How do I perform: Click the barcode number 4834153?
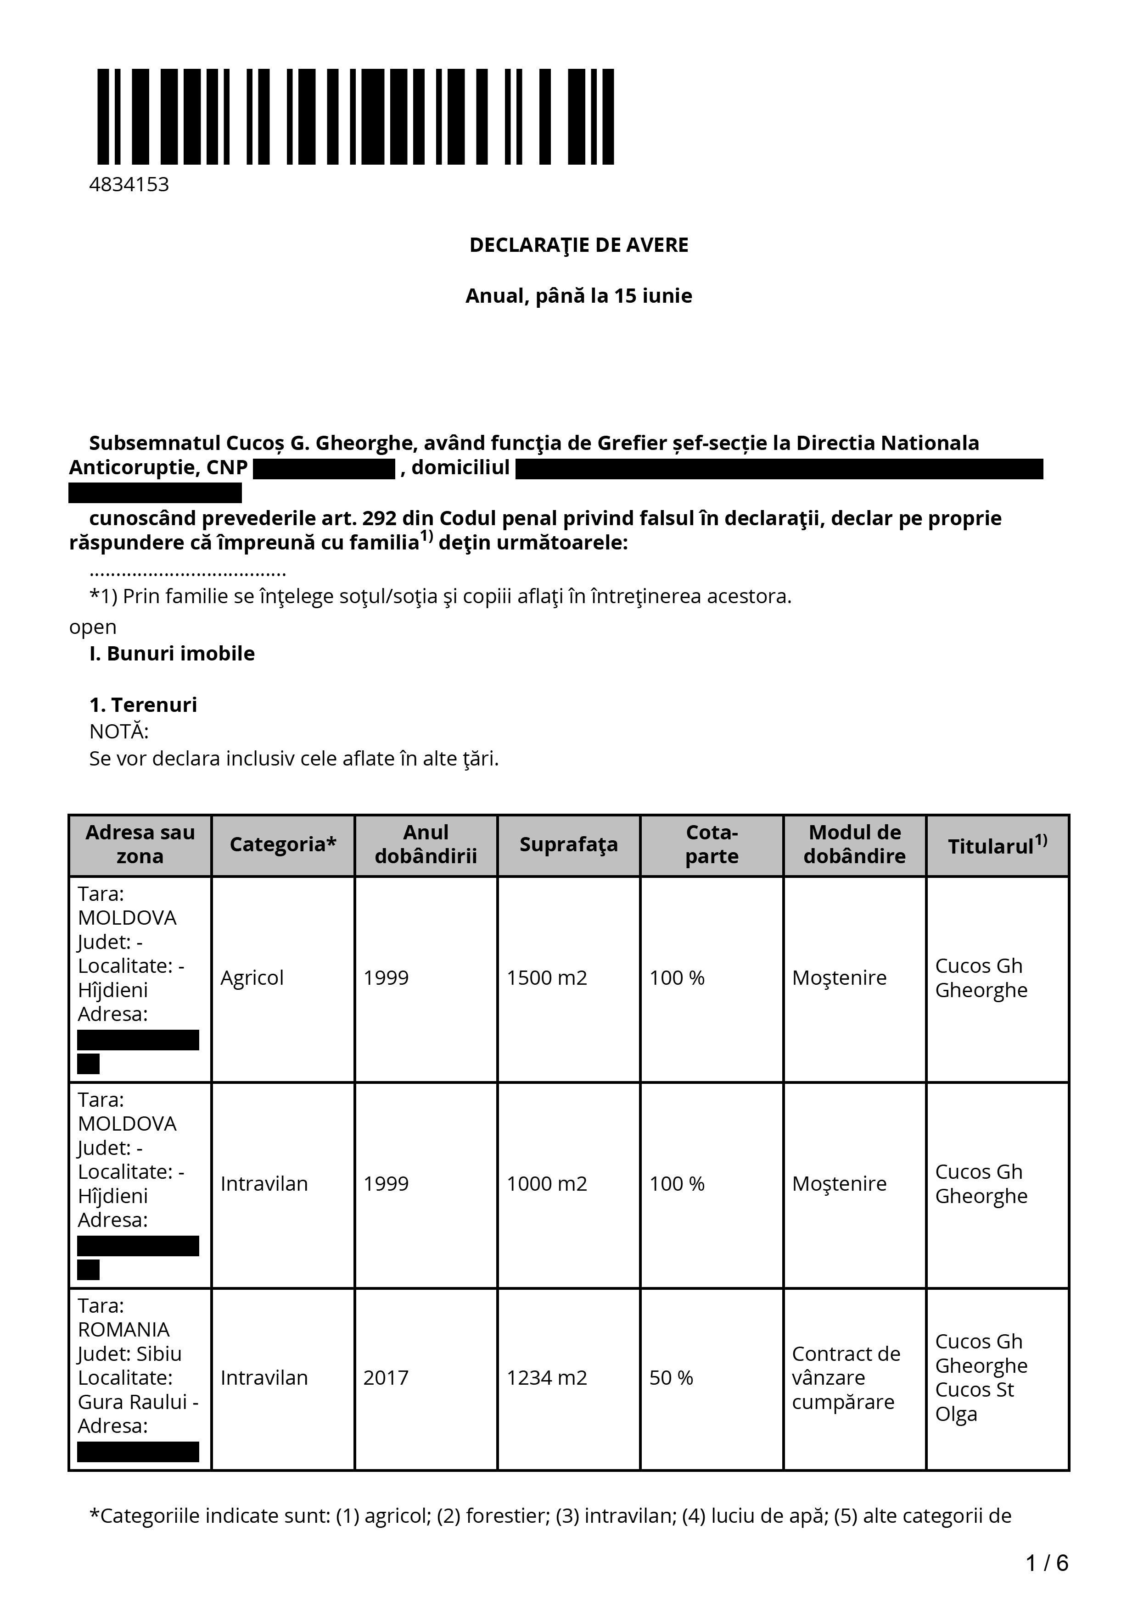click(x=129, y=184)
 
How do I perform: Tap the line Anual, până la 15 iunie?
click(x=578, y=296)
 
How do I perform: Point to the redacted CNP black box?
click(x=324, y=469)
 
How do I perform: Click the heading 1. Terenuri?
click(x=143, y=705)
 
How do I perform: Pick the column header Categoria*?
click(x=283, y=844)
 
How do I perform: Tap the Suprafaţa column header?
click(x=569, y=844)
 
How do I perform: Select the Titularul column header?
click(x=997, y=845)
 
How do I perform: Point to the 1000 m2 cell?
click(x=546, y=1184)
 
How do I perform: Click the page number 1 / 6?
click(x=1046, y=1562)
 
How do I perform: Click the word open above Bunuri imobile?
click(x=93, y=627)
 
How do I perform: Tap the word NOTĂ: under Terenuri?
click(x=118, y=732)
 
